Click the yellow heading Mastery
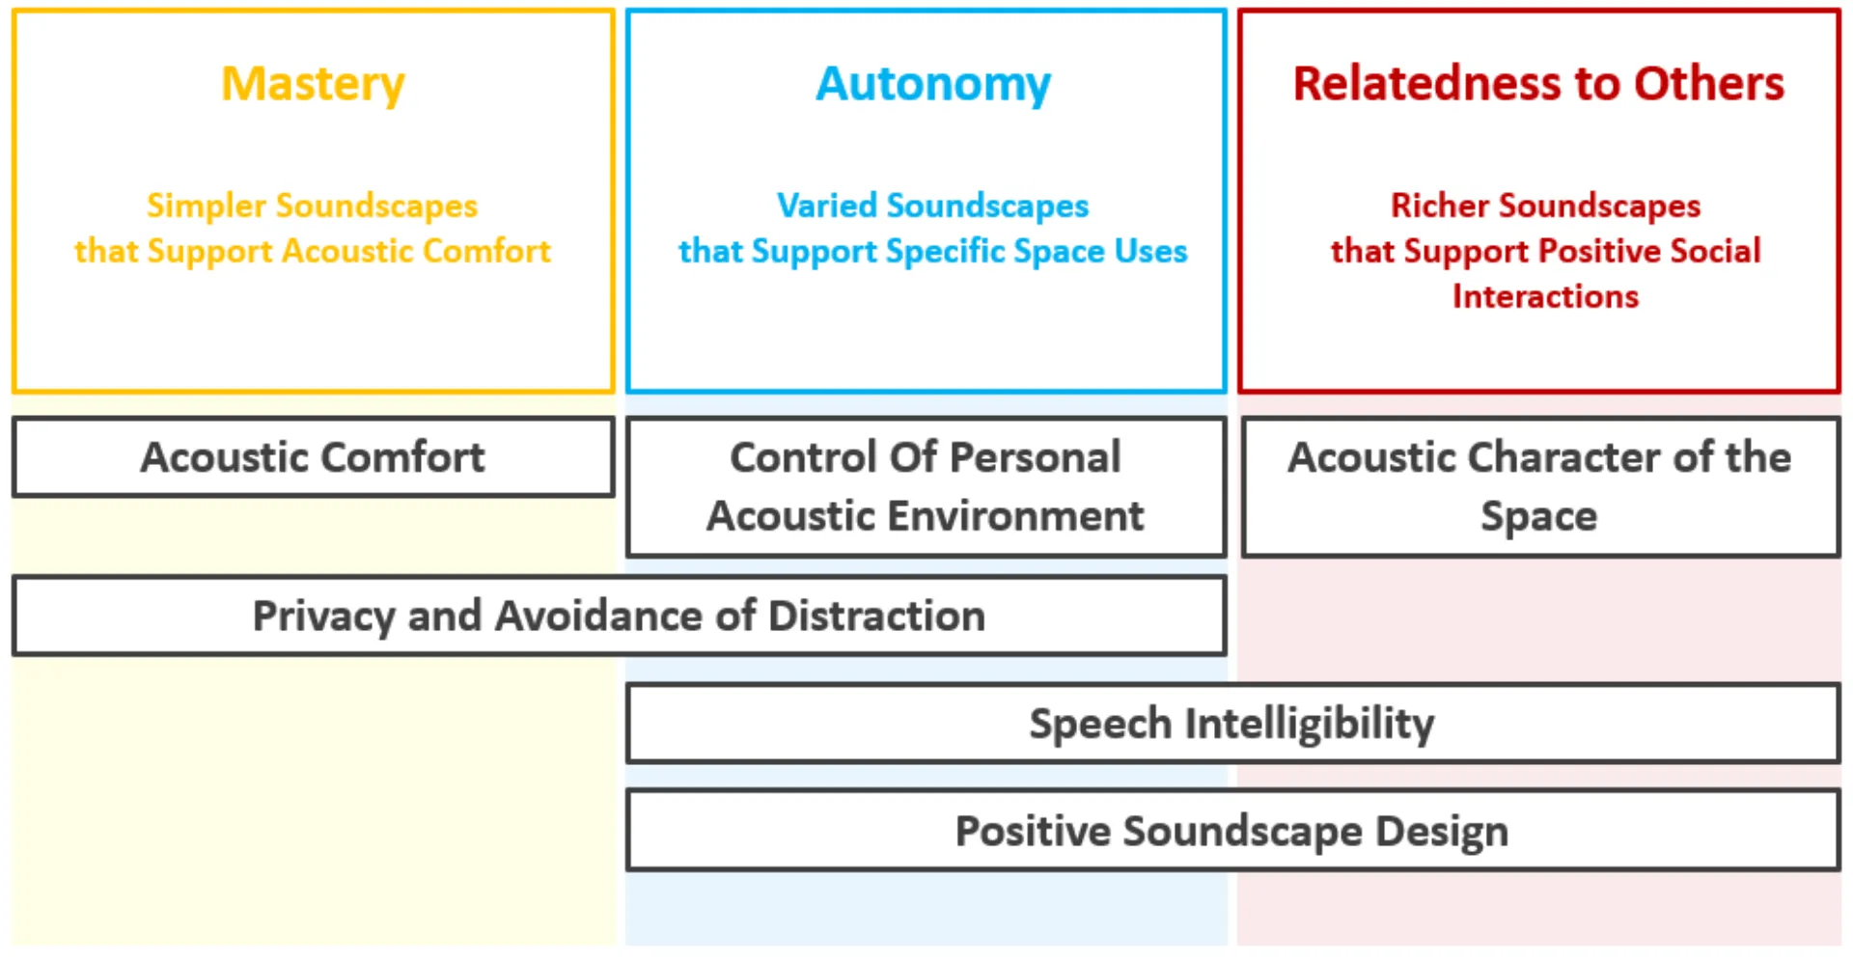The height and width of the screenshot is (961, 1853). [x=313, y=84]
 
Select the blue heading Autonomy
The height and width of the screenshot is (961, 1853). [x=932, y=84]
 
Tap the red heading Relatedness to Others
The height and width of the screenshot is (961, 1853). [x=1538, y=84]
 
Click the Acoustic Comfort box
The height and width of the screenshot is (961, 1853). [x=313, y=457]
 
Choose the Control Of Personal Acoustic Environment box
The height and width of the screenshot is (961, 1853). [x=926, y=486]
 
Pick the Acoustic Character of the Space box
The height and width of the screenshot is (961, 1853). [x=1540, y=486]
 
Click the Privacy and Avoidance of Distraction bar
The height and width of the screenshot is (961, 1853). [x=619, y=616]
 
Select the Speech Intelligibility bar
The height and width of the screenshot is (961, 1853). [x=1231, y=724]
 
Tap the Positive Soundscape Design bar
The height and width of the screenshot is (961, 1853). [x=1231, y=831]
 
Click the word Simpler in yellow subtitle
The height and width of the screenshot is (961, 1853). [x=206, y=206]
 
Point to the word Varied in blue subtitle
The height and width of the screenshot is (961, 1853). [x=827, y=206]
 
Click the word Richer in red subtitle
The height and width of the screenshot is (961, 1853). [x=1440, y=206]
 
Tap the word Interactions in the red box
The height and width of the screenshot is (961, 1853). [x=1545, y=296]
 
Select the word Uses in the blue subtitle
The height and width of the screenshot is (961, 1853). [x=1150, y=251]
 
